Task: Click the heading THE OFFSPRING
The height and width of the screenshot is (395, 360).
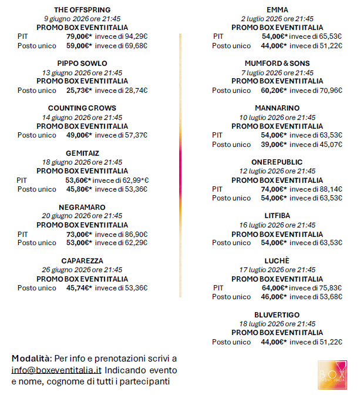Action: coord(82,10)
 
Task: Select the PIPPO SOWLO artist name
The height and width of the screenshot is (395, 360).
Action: coord(82,63)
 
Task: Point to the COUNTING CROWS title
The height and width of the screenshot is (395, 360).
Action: coord(82,108)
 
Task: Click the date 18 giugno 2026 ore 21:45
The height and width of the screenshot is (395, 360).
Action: coord(82,162)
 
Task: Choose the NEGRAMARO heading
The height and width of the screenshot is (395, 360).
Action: coord(82,207)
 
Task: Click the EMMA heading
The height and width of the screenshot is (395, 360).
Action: coord(277,10)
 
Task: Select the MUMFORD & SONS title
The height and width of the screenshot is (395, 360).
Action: coord(277,63)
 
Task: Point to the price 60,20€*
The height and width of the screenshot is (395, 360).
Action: coord(274,91)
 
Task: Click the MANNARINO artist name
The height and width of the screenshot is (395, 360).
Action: coord(277,108)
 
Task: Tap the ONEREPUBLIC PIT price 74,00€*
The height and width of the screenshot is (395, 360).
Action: coord(274,189)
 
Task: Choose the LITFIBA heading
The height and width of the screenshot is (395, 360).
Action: coord(277,216)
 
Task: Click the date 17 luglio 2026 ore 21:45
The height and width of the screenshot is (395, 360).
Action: coord(277,270)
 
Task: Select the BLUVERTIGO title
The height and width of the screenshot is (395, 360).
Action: coord(277,314)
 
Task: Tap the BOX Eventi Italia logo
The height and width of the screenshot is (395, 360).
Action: coord(332,374)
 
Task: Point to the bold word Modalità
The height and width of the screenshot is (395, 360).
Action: coord(32,359)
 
